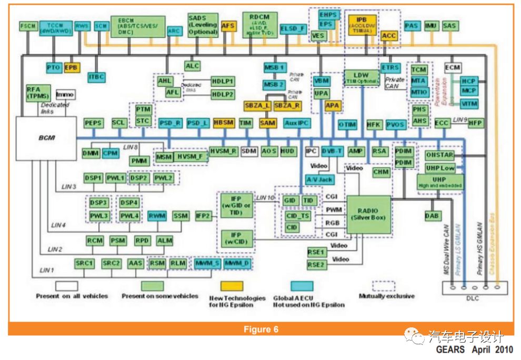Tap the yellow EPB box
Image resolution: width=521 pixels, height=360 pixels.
pyautogui.click(x=71, y=68)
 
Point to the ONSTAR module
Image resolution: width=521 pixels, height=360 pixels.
pyautogui.click(x=440, y=156)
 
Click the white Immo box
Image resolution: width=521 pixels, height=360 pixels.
pyautogui.click(x=65, y=95)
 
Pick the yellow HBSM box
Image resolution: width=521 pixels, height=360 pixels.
pyautogui.click(x=224, y=123)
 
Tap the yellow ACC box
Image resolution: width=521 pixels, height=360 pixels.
pyautogui.click(x=389, y=36)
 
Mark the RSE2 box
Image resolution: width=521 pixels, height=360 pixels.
pyautogui.click(x=316, y=264)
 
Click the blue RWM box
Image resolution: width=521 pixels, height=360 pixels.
pyautogui.click(x=157, y=216)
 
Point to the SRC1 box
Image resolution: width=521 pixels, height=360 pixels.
pyautogui.click(x=85, y=263)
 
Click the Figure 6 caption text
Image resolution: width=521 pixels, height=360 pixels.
pyautogui.click(x=260, y=330)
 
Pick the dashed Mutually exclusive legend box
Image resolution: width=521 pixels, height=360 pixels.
pyautogui.click(x=383, y=285)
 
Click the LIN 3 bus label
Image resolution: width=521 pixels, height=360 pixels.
pyautogui.click(x=68, y=186)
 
